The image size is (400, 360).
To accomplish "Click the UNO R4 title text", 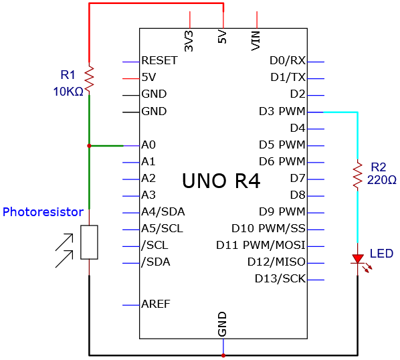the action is (x=221, y=181).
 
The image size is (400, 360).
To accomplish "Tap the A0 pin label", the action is (x=148, y=145).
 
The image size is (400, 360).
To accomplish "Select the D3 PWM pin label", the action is (x=282, y=111).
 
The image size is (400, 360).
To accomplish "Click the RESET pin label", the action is (x=159, y=60).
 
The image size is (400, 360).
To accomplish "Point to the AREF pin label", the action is (x=156, y=304).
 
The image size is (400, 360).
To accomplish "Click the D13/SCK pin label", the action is (x=280, y=278).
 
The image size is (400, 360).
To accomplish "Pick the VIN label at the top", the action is (x=256, y=41).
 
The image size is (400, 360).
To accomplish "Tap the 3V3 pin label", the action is (x=189, y=41).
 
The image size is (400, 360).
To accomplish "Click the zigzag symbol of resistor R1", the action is (x=89, y=78).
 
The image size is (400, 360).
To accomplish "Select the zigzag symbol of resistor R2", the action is (x=358, y=175).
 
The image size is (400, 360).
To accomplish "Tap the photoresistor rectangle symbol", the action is (x=89, y=242).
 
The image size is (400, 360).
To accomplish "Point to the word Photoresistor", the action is (x=43, y=211).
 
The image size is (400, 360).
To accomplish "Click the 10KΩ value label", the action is (x=68, y=92).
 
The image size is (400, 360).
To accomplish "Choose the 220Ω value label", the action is (x=382, y=180).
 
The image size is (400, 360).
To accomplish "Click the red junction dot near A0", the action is (x=89, y=146).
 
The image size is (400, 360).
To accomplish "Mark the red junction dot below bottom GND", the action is (x=223, y=355).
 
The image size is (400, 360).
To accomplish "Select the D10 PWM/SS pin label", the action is (x=268, y=228).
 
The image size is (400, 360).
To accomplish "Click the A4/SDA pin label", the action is (x=163, y=211).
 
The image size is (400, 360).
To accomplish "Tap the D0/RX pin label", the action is (x=288, y=60).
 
